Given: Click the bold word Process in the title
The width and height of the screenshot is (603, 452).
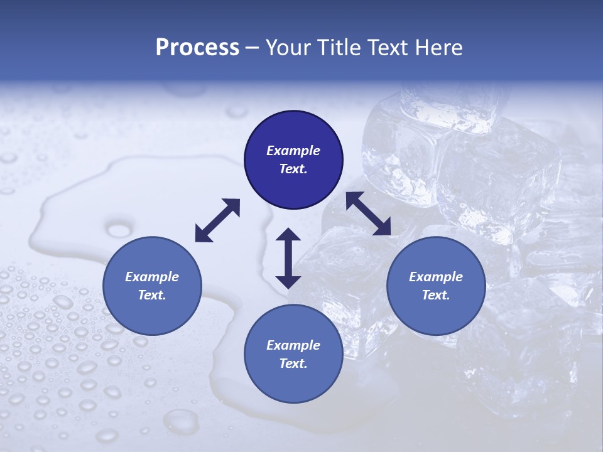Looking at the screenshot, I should pos(197,48).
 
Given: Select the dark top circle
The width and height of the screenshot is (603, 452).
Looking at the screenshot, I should pos(293,160).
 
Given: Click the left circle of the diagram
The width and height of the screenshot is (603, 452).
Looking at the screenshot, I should pos(152,286).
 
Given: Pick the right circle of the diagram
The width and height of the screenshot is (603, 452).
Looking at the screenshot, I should pos(436,286).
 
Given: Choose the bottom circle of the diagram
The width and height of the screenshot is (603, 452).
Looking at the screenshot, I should pos(293,354).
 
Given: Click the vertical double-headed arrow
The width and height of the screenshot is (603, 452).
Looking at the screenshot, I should pos(288,258).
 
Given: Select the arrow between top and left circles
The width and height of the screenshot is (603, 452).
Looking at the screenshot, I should pos(217,220).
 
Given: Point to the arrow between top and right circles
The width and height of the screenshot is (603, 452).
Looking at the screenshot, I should pos(368,213).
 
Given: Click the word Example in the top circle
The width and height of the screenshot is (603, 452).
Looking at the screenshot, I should pos(293,151).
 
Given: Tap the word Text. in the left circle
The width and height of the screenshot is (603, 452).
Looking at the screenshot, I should pos(152,296).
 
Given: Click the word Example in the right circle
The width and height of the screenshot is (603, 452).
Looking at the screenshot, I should pos(436,277).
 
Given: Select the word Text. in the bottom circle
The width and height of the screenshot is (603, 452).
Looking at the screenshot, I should pos(293,363).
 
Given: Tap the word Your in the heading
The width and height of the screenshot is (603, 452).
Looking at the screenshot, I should pos(286,48).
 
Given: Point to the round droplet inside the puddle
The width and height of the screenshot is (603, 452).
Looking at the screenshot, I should pos(120,229).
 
